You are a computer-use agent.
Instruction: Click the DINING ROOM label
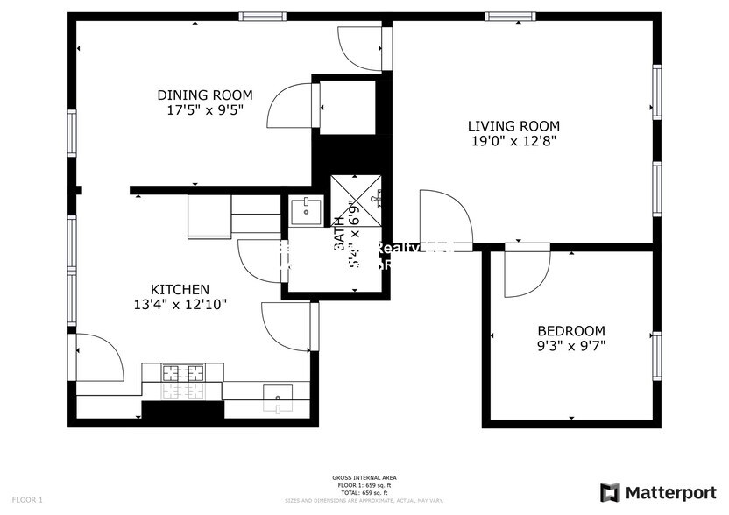click(x=205, y=95)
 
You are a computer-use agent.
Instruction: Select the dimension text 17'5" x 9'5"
click(x=205, y=110)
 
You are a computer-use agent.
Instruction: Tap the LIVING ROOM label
click(x=513, y=125)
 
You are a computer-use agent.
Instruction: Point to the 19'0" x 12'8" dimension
click(x=513, y=140)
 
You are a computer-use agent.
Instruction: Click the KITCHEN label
click(x=180, y=290)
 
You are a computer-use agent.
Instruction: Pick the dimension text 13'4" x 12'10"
click(x=180, y=305)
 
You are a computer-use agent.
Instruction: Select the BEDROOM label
click(x=570, y=330)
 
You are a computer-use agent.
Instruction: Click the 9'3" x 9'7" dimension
click(x=570, y=345)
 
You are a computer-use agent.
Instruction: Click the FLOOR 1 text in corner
click(x=26, y=499)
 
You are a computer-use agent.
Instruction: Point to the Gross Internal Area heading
click(x=364, y=478)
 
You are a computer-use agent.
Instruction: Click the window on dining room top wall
click(x=263, y=16)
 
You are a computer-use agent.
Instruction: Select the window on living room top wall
click(x=511, y=16)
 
